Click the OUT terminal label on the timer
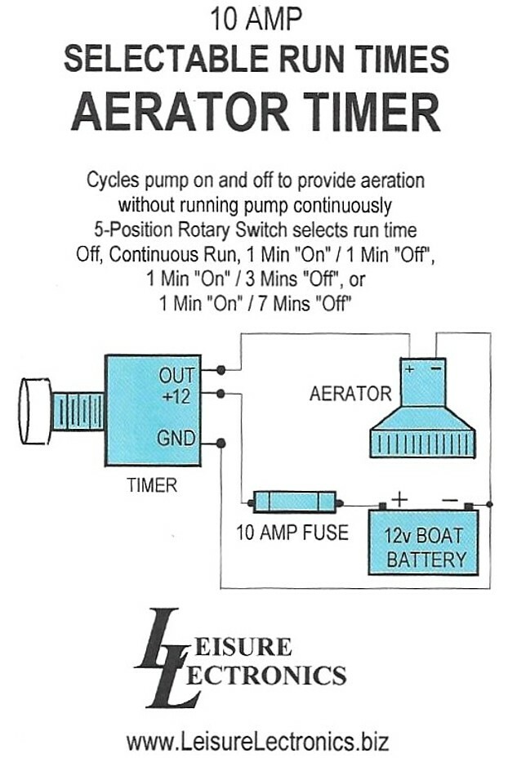point(176,375)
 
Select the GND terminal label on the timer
point(176,439)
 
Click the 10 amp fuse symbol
point(296,502)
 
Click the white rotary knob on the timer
point(35,411)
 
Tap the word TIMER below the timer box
point(152,485)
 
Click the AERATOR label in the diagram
point(350,395)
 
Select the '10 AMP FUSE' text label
point(292,533)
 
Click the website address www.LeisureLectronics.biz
point(257,743)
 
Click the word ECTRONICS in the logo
point(273,676)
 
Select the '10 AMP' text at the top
point(257,17)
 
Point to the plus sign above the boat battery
point(399,497)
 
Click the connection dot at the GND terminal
point(221,444)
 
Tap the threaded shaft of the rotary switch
point(78,411)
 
